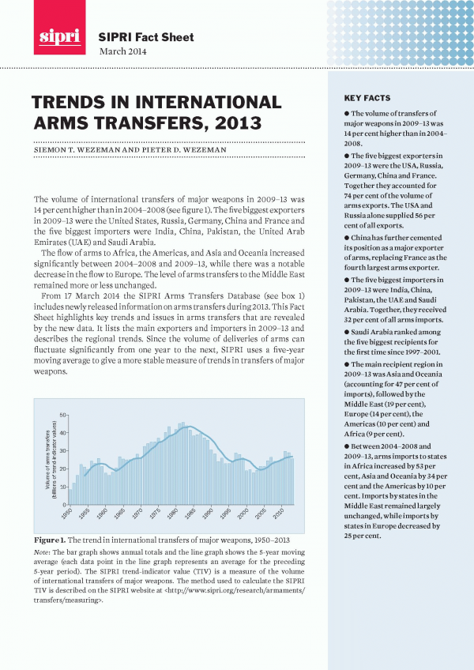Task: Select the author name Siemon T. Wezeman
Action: [x=79, y=149]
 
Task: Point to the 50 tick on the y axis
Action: [x=62, y=415]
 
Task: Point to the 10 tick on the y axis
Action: [x=62, y=486]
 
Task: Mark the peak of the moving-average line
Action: [x=184, y=427]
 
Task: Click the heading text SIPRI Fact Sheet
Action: [x=146, y=37]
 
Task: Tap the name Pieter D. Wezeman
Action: [x=195, y=149]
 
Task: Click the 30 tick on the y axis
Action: [x=62, y=450]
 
